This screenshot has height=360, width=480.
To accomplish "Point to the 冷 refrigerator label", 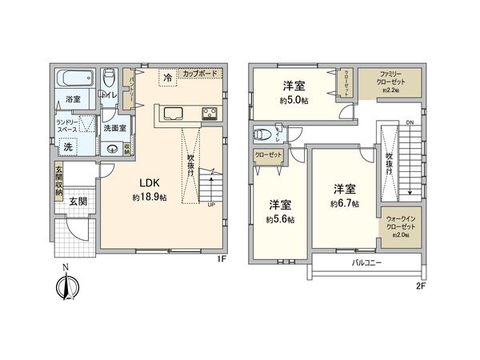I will (x=167, y=78).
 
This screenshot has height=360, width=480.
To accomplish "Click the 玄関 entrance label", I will (x=77, y=202).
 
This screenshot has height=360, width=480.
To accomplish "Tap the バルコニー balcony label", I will (x=366, y=262).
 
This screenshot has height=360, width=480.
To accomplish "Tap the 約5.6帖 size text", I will (x=280, y=218).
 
